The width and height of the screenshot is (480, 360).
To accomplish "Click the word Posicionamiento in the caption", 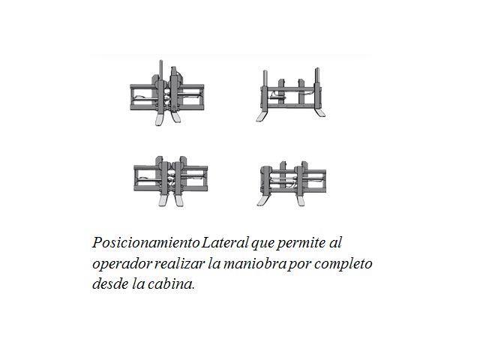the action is [146, 243].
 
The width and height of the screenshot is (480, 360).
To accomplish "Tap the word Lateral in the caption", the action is [225, 242].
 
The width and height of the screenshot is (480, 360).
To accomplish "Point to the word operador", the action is [121, 264].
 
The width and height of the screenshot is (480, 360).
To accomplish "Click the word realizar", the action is [179, 263].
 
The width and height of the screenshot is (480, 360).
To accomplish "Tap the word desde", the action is [110, 283].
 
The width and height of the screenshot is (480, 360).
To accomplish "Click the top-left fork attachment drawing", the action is [166, 93].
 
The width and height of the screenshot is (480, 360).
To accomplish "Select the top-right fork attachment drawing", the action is [291, 95].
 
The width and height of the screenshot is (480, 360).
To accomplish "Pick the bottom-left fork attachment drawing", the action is [170, 181].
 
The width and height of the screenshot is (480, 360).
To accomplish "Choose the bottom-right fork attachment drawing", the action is [292, 184].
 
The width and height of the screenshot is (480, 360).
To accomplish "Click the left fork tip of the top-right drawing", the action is [261, 118].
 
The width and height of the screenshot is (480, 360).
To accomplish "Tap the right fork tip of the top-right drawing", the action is [321, 113].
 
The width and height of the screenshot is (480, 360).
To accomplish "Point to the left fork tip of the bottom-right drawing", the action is [262, 202].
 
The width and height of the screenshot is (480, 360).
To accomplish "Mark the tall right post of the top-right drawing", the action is [317, 76].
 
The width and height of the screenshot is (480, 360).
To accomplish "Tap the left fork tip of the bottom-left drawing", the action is [163, 200].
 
